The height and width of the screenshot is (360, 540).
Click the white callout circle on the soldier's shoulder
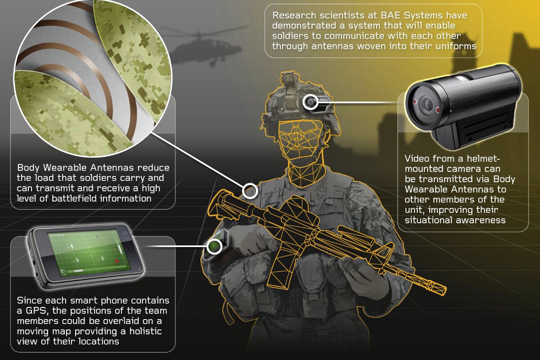pos(250,191)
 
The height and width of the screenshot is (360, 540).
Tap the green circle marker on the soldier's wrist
pos(214,246)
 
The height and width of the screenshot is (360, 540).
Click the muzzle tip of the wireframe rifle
pos(443,287)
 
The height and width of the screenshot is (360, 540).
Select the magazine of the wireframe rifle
pos(281,265)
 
